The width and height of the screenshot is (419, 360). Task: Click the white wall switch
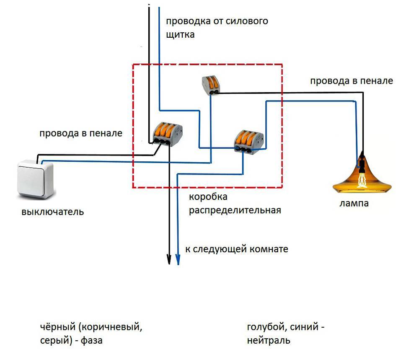coord(36,179)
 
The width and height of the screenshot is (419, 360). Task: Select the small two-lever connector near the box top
coord(211,85)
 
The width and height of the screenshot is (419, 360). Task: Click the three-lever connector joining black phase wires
coord(168,134)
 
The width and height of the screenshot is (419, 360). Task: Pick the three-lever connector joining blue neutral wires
coord(248,142)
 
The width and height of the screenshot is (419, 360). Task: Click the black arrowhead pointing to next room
coord(169,259)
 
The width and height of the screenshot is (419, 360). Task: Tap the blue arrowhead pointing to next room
coord(178,259)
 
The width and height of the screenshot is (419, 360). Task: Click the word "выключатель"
coord(53,212)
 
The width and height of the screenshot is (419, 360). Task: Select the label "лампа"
coord(354,203)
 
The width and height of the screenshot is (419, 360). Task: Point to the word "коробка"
coord(208,197)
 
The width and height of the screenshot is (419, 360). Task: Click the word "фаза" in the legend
coord(91,340)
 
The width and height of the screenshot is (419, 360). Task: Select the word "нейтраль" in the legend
coord(269,341)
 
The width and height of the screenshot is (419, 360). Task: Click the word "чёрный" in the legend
coord(58,327)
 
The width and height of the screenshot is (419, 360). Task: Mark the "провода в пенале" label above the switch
coord(81,133)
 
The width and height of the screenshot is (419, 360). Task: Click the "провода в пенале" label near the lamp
coord(352,81)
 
